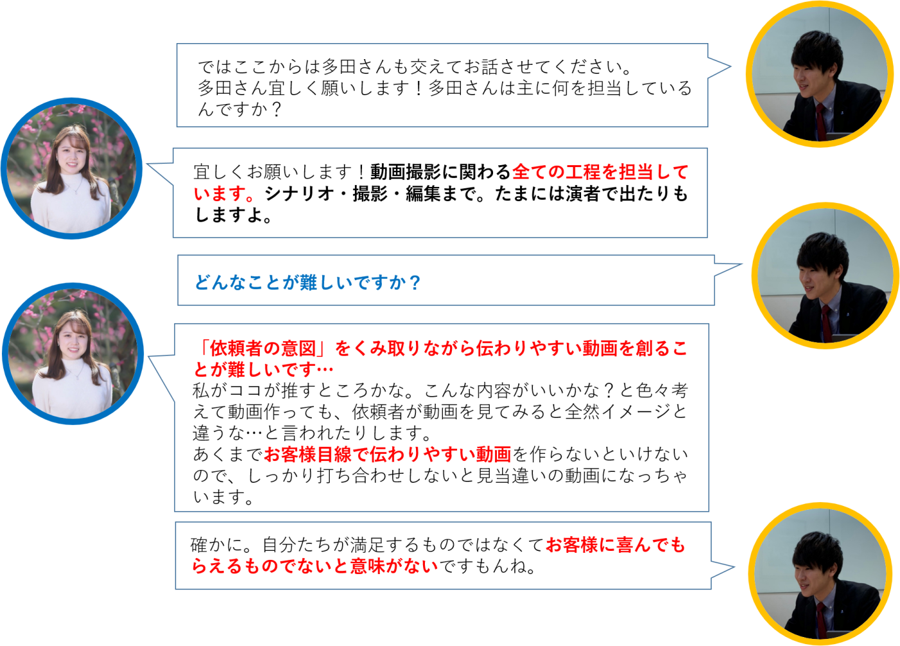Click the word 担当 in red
pos(636,172)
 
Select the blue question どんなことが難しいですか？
pos(308,282)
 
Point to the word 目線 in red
pos(334,454)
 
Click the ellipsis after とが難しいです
pos(325,370)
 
